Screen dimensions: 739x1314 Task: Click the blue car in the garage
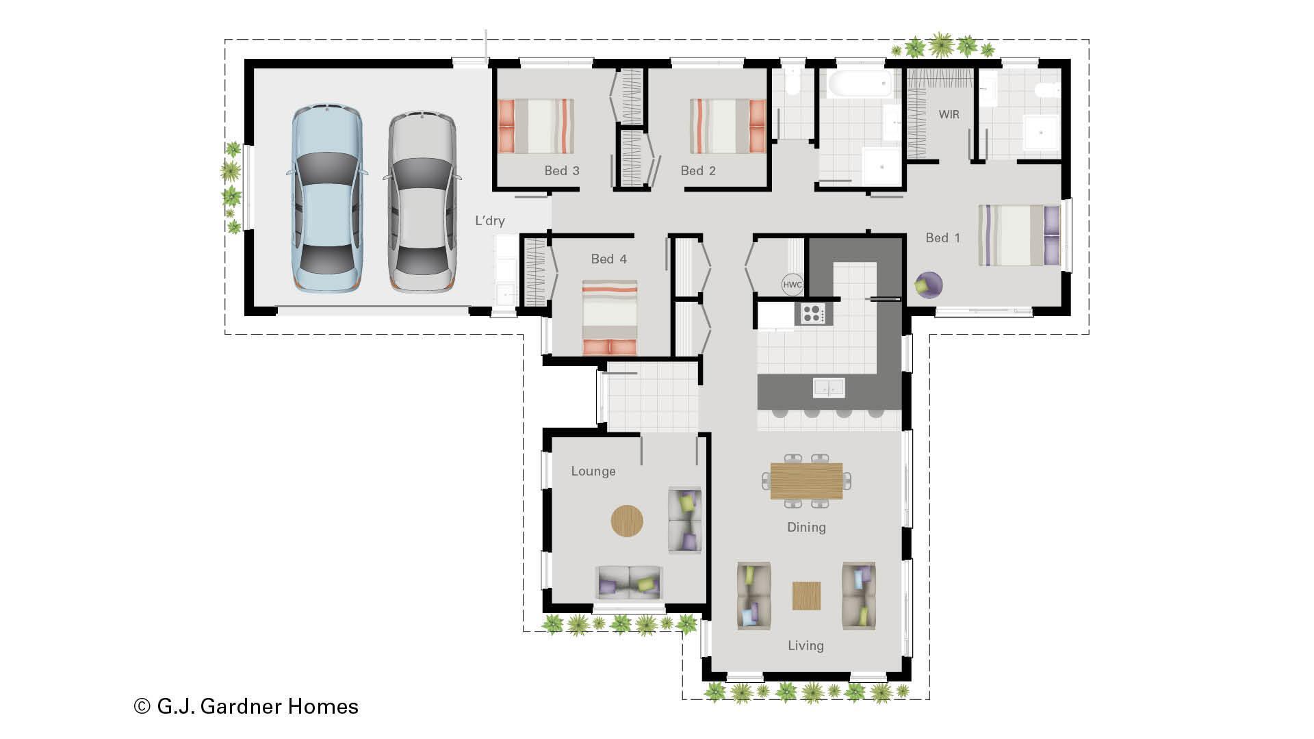[326, 198]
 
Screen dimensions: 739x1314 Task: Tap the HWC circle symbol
[792, 285]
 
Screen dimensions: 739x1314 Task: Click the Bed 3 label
[562, 170]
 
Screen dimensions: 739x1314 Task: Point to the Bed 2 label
[698, 170]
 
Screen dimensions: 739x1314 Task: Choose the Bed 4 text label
[608, 259]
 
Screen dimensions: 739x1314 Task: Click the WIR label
[949, 114]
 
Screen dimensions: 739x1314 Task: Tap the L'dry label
[490, 220]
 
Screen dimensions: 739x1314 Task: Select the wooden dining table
[806, 481]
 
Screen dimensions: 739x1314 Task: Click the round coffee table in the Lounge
[627, 521]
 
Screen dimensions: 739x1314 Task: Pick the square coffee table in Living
[806, 595]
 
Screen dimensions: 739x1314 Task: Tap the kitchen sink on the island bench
[828, 388]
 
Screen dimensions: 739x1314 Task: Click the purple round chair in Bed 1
[928, 285]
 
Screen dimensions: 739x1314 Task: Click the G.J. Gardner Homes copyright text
[246, 706]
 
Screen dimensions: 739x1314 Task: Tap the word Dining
[806, 527]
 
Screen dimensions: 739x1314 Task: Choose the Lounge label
[593, 471]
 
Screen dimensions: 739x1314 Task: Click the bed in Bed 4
[609, 317]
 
